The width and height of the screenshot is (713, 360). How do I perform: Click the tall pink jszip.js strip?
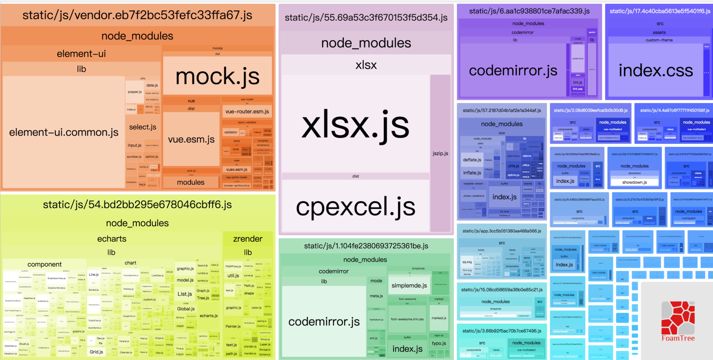pyautogui.click(x=440, y=153)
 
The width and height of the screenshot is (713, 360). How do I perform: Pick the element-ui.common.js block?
pyautogui.click(x=64, y=132)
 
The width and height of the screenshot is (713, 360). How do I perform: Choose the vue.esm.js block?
pyautogui.click(x=191, y=139)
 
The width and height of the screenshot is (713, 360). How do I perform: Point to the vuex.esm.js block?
pyautogui.click(x=237, y=169)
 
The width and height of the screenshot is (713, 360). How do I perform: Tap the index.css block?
pyautogui.click(x=656, y=70)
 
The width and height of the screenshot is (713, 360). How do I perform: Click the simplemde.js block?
pyautogui.click(x=409, y=285)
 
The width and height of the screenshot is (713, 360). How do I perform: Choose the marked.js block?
pyautogui.click(x=439, y=318)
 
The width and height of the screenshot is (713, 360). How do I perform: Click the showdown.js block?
pyautogui.click(x=634, y=182)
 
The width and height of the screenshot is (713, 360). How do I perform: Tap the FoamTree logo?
pyautogui.click(x=678, y=321)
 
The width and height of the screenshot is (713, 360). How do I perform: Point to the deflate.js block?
pyautogui.click(x=472, y=160)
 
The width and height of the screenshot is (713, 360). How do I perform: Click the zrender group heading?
pyautogui.click(x=248, y=239)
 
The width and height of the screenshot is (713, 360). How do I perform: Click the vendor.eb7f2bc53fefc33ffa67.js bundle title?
pyautogui.click(x=137, y=15)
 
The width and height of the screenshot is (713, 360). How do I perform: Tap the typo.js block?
pyautogui.click(x=439, y=343)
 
